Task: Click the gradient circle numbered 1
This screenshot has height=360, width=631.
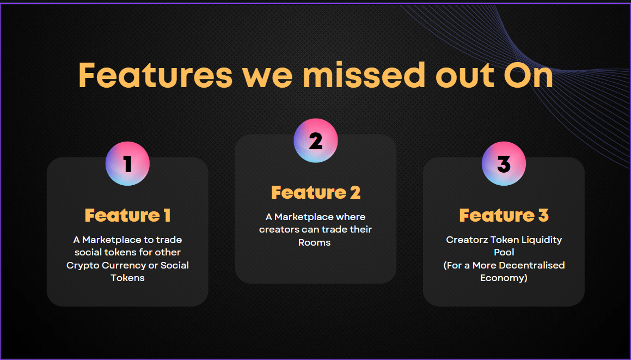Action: click(127, 163)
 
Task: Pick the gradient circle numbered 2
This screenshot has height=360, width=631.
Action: click(315, 141)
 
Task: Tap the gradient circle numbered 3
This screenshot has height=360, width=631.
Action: click(504, 163)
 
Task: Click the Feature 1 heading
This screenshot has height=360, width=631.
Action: click(127, 215)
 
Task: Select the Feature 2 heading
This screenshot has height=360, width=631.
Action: click(315, 192)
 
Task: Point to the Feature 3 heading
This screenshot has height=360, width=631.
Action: click(504, 215)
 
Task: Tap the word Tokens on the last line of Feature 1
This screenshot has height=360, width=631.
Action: click(127, 278)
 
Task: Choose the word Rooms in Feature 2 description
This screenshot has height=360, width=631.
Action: click(314, 242)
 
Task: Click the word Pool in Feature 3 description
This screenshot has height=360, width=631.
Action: click(504, 252)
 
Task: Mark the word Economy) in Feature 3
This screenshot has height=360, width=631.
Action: click(504, 278)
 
